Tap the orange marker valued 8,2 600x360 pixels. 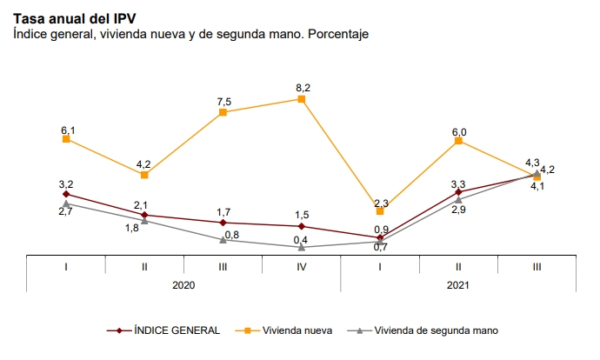[302, 99]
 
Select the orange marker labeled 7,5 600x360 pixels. [223, 112]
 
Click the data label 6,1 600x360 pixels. [68, 130]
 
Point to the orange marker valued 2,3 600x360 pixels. [380, 211]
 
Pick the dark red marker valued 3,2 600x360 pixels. [67, 194]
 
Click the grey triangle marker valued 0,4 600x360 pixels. [302, 248]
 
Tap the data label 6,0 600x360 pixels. [459, 132]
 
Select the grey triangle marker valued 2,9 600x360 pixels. [458, 200]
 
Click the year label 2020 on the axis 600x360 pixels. [183, 284]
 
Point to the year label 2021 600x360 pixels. [458, 284]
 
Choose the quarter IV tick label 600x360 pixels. [301, 265]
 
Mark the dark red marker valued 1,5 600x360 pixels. [302, 226]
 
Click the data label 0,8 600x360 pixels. [232, 235]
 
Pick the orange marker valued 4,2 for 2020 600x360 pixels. [145, 175]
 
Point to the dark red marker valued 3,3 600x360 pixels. [458, 191]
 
